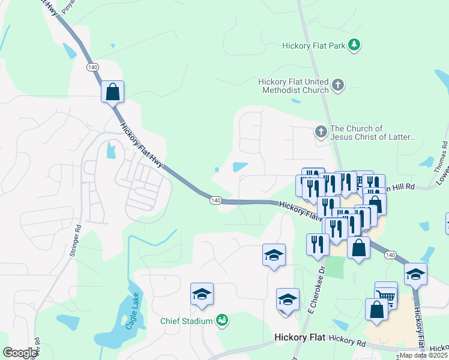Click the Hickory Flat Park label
[314, 45]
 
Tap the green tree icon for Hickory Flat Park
[355, 44]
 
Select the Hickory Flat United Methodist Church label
[294, 86]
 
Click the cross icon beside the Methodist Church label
[338, 85]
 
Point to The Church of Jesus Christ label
[373, 133]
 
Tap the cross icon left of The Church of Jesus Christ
[321, 131]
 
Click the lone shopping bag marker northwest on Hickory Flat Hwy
[112, 92]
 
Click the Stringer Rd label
[74, 241]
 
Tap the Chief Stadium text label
[187, 321]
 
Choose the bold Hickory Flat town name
[300, 338]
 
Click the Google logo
[20, 353]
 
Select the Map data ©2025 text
[423, 355]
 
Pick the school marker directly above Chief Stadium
[202, 294]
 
